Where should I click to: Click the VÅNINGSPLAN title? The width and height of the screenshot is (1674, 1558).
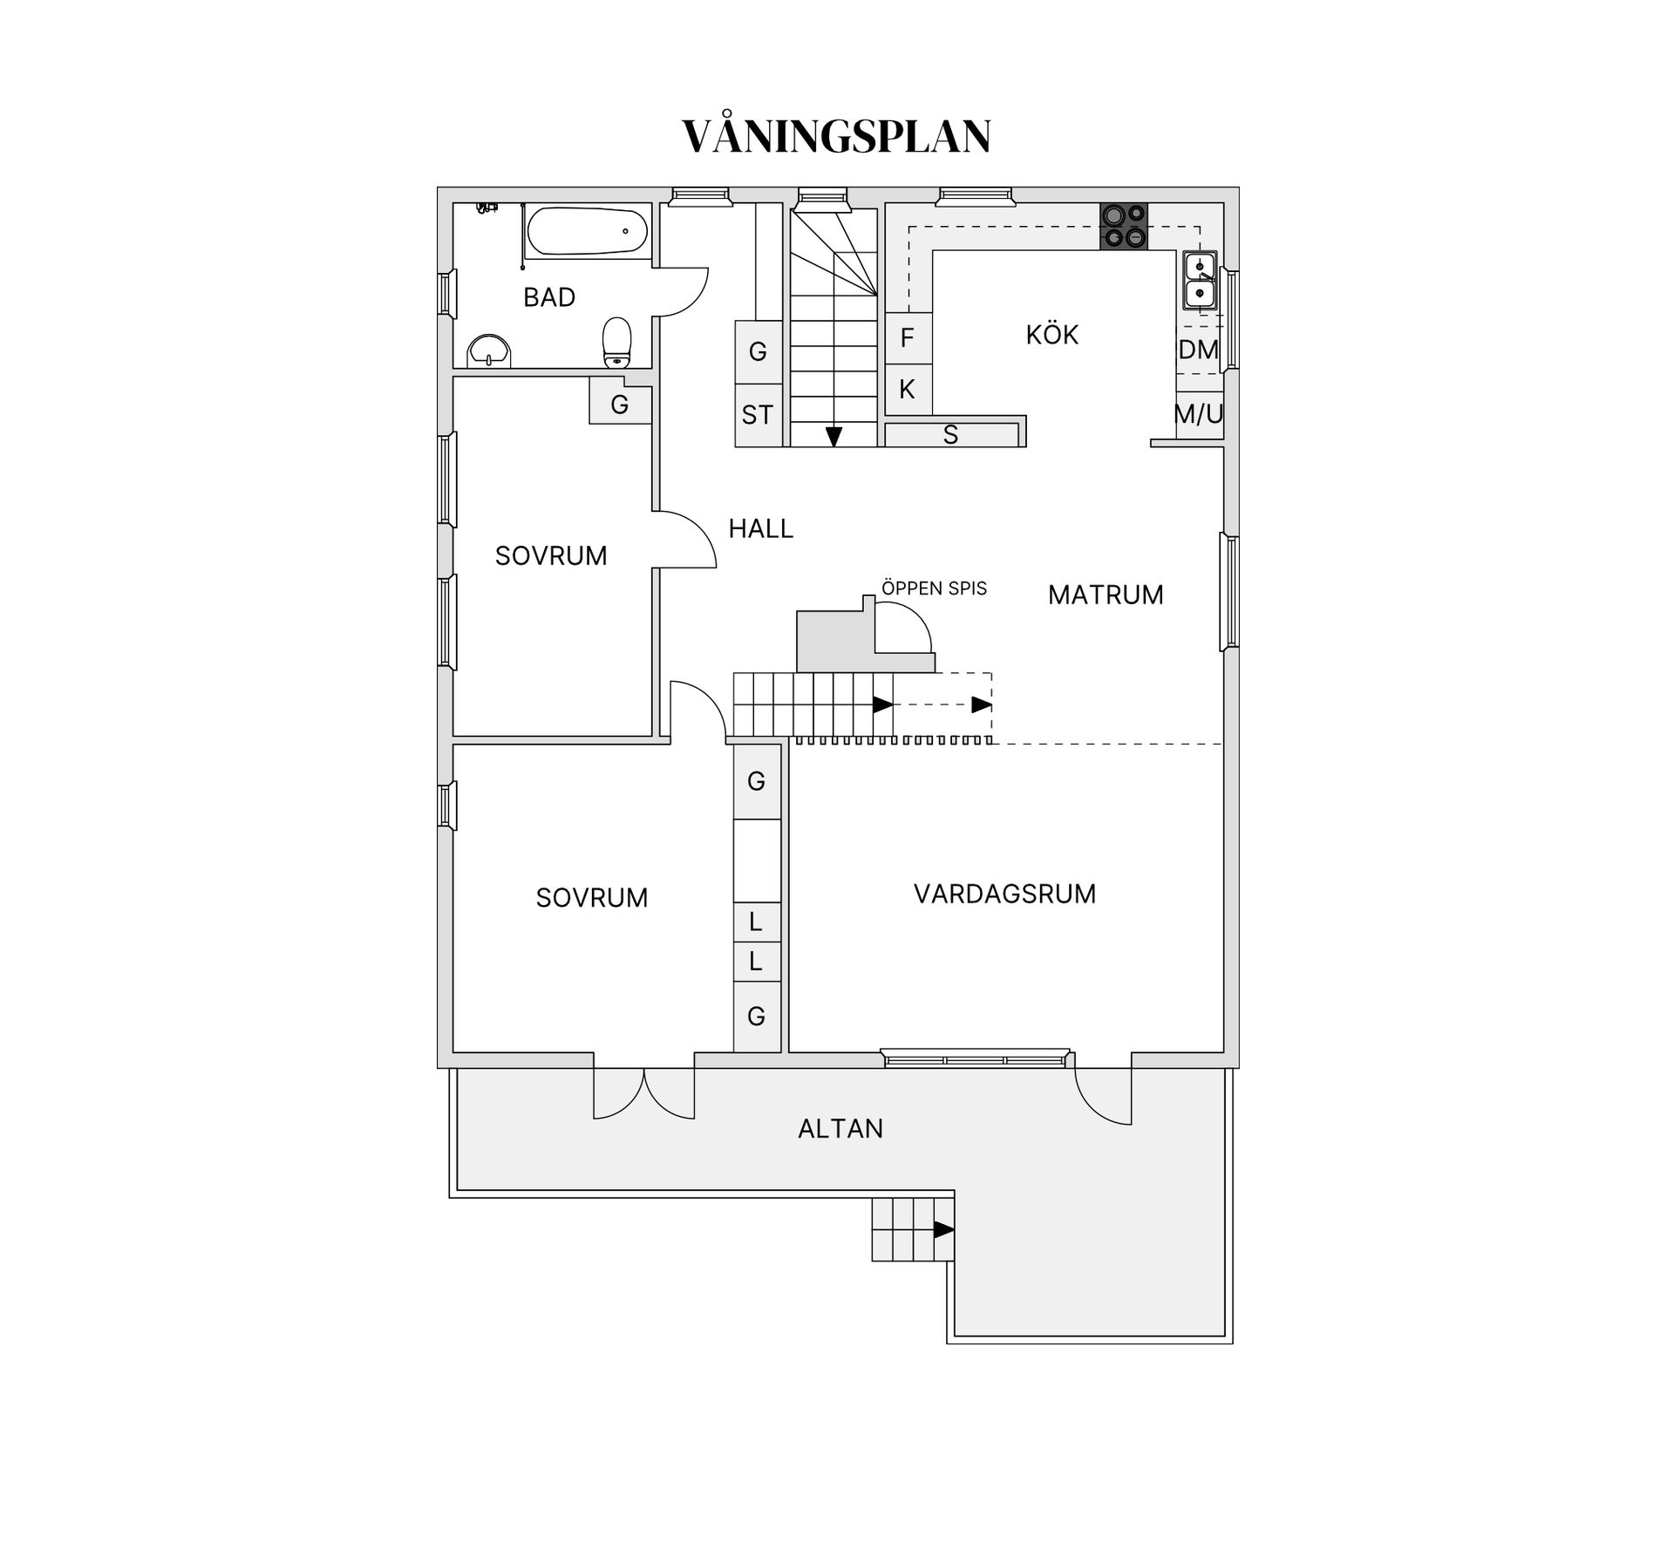tap(836, 137)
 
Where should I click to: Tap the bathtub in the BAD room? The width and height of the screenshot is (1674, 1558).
tap(587, 231)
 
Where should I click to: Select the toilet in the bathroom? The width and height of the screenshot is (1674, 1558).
tap(617, 343)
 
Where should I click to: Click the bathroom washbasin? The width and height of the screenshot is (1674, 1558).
tap(488, 350)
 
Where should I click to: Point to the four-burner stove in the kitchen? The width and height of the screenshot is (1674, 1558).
tap(1123, 226)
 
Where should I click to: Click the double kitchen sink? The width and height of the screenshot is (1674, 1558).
tap(1200, 280)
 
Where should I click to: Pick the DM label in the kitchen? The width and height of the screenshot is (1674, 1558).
tap(1198, 350)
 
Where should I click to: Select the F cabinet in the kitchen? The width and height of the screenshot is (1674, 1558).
tap(908, 338)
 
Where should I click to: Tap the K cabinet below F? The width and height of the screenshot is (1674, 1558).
tap(908, 390)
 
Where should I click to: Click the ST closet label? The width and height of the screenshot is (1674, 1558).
tap(757, 415)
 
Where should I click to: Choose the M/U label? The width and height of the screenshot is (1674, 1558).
tap(1199, 414)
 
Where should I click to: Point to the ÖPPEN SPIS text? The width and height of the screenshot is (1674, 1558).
tap(934, 589)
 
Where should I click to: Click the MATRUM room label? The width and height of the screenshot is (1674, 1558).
tap(1106, 595)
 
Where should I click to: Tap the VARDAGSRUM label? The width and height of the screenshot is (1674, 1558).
tap(1004, 894)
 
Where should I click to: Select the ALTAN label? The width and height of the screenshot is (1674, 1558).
tap(840, 1129)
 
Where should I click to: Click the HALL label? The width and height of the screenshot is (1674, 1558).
tap(760, 528)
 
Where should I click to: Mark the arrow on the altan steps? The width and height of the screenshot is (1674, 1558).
tap(943, 1230)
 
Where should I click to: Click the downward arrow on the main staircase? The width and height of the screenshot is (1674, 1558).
tap(834, 436)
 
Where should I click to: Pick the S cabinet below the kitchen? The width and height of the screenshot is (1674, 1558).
tap(950, 435)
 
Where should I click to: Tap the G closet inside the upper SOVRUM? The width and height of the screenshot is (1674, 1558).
tap(620, 405)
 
